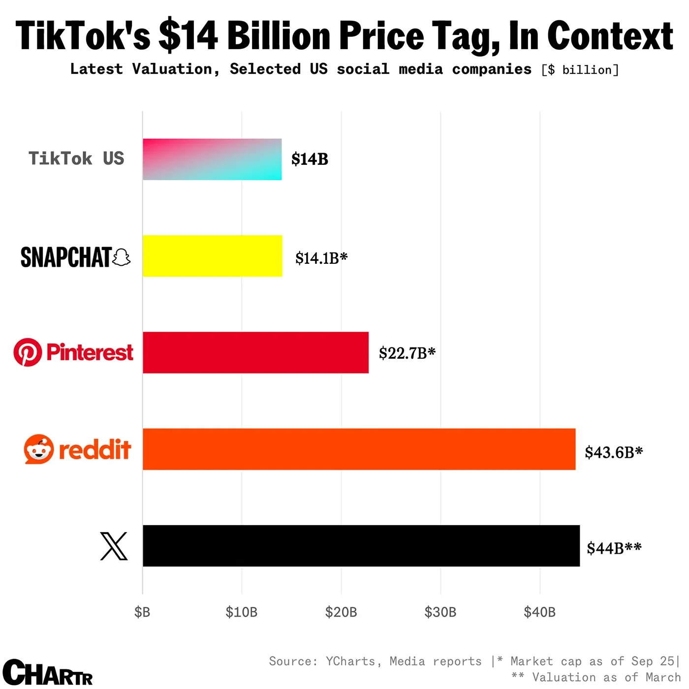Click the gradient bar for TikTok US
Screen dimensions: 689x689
[x=212, y=159]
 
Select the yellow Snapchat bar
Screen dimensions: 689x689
[x=213, y=256]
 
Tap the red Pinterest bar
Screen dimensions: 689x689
[x=255, y=352]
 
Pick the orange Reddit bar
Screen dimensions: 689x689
[x=359, y=449]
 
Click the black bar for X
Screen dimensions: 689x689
[x=361, y=546]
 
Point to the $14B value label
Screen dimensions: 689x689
[x=310, y=159]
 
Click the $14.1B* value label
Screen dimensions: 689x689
[x=321, y=258]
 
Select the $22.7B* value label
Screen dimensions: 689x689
[x=407, y=353]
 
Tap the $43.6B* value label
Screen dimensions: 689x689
[x=614, y=452]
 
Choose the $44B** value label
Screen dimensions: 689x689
[x=614, y=548]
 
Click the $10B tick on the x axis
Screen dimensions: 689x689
[x=242, y=612]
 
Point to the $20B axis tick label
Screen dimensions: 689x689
[x=341, y=612]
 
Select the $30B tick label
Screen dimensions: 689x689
[x=440, y=612]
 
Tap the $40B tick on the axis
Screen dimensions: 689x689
[x=540, y=612]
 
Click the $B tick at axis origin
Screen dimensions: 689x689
[x=142, y=612]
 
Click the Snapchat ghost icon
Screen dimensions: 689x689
[x=122, y=257]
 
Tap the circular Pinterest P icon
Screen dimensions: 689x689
[x=28, y=352]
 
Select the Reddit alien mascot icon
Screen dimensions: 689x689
[x=38, y=449]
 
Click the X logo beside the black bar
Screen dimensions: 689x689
[x=114, y=546]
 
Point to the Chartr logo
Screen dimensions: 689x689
[x=47, y=672]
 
